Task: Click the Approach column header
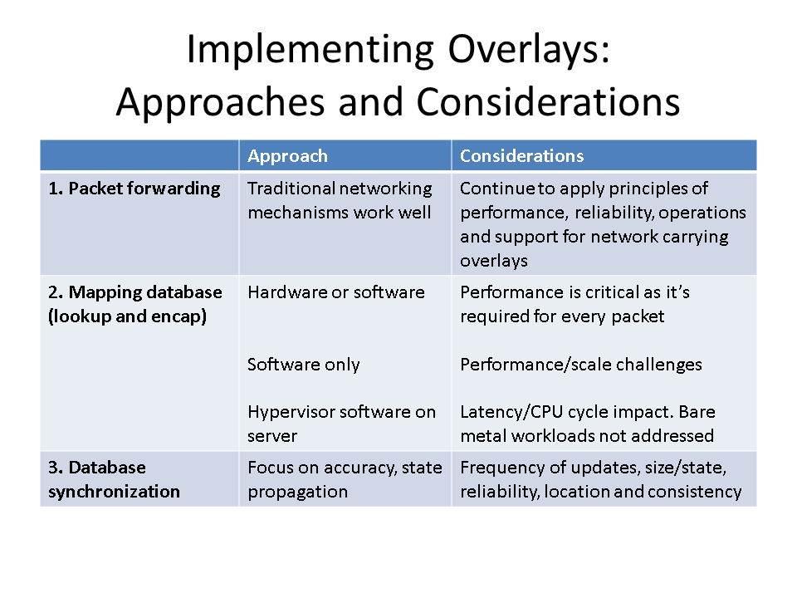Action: point(287,156)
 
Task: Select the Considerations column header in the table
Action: point(521,156)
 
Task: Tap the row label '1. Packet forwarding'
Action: point(134,189)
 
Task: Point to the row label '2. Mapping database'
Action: point(135,292)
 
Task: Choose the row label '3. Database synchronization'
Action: point(114,479)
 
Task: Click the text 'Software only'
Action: point(303,365)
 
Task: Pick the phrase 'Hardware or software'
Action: point(335,292)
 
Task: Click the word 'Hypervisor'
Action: point(288,412)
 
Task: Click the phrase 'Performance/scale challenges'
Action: point(580,365)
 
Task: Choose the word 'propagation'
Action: point(297,491)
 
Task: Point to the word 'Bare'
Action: point(696,412)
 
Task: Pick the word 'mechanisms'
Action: point(298,213)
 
